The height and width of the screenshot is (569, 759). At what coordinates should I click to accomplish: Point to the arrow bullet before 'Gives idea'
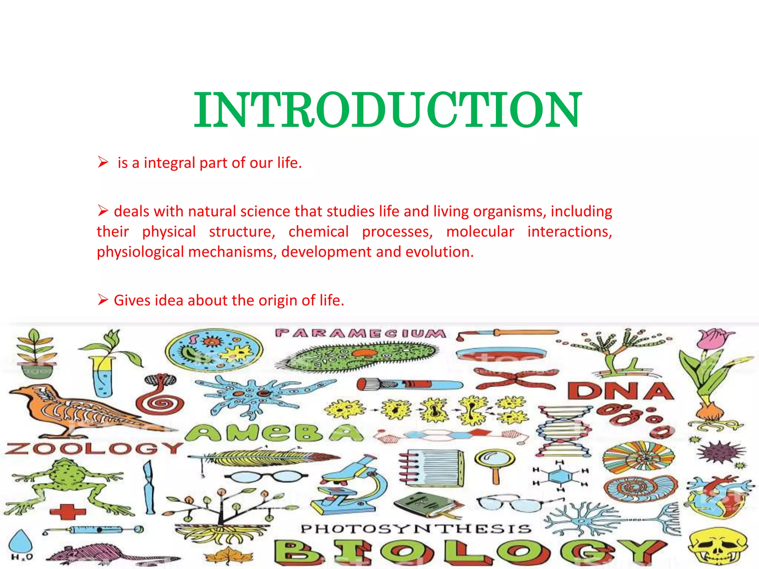(103, 299)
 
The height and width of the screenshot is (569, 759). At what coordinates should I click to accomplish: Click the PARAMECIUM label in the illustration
(360, 333)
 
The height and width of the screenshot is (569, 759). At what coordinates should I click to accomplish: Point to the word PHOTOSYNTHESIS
(416, 529)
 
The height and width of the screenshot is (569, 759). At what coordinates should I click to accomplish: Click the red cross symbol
(68, 512)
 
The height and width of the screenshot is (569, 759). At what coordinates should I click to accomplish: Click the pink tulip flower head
(711, 339)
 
